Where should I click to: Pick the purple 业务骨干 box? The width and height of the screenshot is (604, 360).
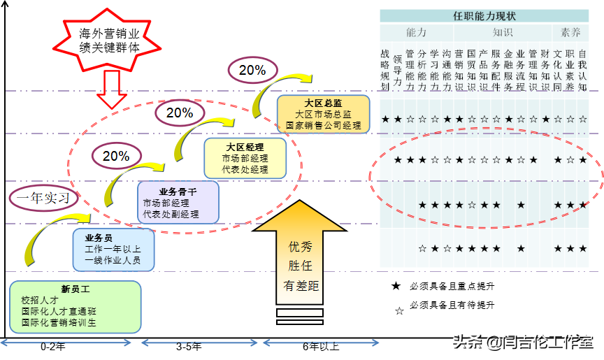coord(179,203)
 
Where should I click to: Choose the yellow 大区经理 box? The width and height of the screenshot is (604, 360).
coord(245,158)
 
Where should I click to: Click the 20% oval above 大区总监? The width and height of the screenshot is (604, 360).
coord(252,70)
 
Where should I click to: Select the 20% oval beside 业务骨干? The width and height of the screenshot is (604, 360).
coord(116,156)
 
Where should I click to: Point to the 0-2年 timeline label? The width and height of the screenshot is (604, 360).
coord(53,345)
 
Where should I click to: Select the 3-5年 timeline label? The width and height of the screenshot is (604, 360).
coord(189,345)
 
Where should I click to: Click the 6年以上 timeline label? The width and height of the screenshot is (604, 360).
coord(321,345)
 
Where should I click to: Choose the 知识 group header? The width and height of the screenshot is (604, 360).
coord(503,32)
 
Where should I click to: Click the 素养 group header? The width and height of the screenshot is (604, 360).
coord(571,32)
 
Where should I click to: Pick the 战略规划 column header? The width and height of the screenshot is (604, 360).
coord(385,70)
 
